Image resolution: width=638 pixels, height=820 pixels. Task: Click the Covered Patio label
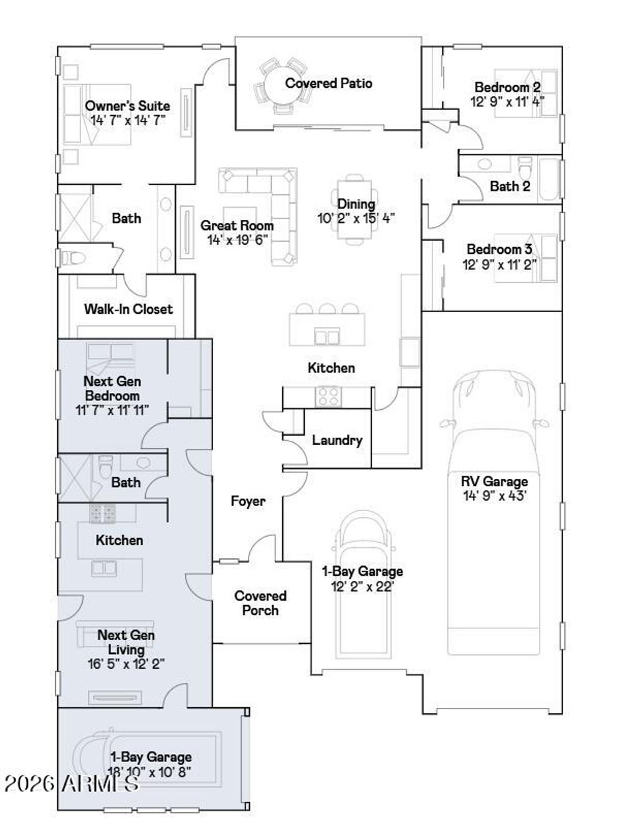tap(328, 83)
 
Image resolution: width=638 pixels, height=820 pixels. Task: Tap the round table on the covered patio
tap(283, 85)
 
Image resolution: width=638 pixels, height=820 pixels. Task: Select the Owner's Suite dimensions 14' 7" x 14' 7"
tap(128, 120)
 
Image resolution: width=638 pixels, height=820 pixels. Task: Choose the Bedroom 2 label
tap(507, 87)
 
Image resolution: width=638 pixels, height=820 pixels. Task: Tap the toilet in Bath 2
tap(525, 167)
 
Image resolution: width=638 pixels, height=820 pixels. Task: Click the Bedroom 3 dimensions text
tap(499, 265)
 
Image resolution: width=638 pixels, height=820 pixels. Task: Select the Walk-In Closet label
tap(128, 309)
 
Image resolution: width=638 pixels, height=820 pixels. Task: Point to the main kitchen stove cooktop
tap(328, 397)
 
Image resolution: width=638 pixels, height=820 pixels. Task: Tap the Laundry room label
tap(337, 440)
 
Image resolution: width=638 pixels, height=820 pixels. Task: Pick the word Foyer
tap(248, 501)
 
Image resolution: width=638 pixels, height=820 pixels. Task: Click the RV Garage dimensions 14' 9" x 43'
tap(495, 496)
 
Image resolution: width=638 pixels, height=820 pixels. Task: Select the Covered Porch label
tap(260, 603)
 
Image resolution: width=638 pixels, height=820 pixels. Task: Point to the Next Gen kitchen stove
tap(102, 513)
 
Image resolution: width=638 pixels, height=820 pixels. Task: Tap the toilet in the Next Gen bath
tap(105, 466)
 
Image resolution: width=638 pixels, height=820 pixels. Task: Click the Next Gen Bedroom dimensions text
tap(112, 410)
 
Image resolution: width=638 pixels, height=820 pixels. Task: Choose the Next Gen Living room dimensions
tap(126, 664)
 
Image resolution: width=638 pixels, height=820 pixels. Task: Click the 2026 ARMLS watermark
tap(72, 784)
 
